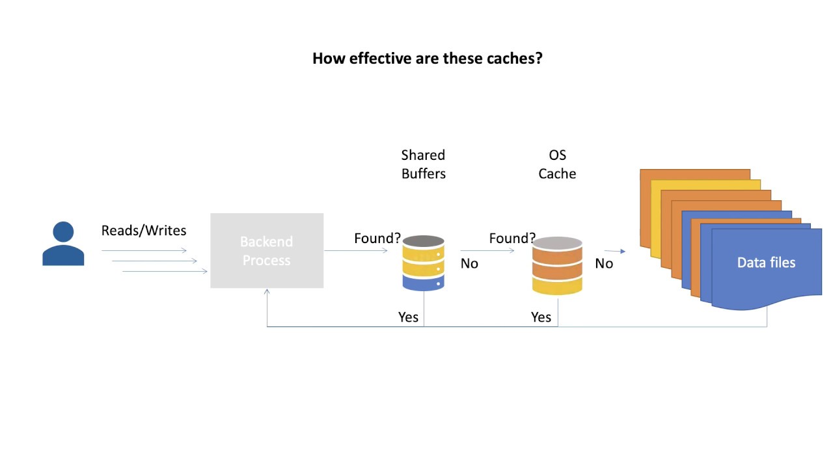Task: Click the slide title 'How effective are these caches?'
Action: click(x=427, y=58)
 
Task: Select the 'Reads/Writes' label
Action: click(x=144, y=231)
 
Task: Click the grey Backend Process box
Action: click(x=267, y=251)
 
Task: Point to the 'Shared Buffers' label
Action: click(x=423, y=164)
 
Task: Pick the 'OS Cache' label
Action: click(x=557, y=164)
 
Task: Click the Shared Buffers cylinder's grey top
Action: click(x=424, y=241)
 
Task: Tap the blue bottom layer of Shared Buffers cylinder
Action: click(x=424, y=282)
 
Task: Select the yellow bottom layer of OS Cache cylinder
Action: click(x=557, y=285)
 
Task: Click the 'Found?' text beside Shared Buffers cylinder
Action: click(x=377, y=239)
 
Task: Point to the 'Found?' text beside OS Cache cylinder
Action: click(x=512, y=239)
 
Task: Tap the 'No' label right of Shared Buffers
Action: click(x=469, y=264)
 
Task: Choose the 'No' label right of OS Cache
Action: click(x=604, y=264)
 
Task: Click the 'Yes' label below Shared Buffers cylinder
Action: click(x=409, y=317)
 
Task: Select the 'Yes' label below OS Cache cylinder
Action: click(x=541, y=317)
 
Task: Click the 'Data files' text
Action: click(x=766, y=263)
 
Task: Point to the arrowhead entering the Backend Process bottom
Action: click(x=267, y=292)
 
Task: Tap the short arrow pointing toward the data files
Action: click(x=615, y=251)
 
